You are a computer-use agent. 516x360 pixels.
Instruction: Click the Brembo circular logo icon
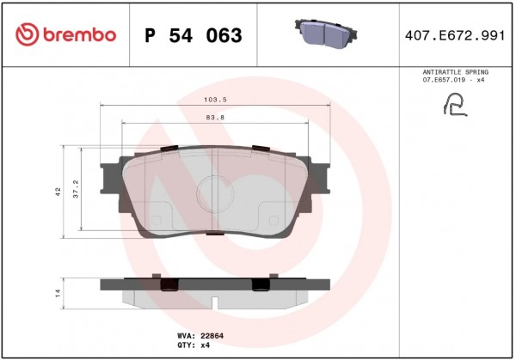[x=27, y=34]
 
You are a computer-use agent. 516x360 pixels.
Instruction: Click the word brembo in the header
[x=80, y=34]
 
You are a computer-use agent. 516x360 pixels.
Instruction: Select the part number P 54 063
[x=193, y=35]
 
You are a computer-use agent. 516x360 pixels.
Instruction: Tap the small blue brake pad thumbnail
[x=325, y=32]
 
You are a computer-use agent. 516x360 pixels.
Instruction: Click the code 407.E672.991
[x=455, y=35]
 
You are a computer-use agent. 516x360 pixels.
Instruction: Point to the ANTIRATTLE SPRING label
[x=456, y=72]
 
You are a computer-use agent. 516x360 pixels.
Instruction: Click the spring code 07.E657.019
[x=444, y=80]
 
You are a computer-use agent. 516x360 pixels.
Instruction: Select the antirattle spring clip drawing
[x=455, y=105]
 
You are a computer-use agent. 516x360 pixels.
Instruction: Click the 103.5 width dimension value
[x=215, y=100]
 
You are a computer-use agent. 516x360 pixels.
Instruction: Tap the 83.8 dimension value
[x=215, y=118]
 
